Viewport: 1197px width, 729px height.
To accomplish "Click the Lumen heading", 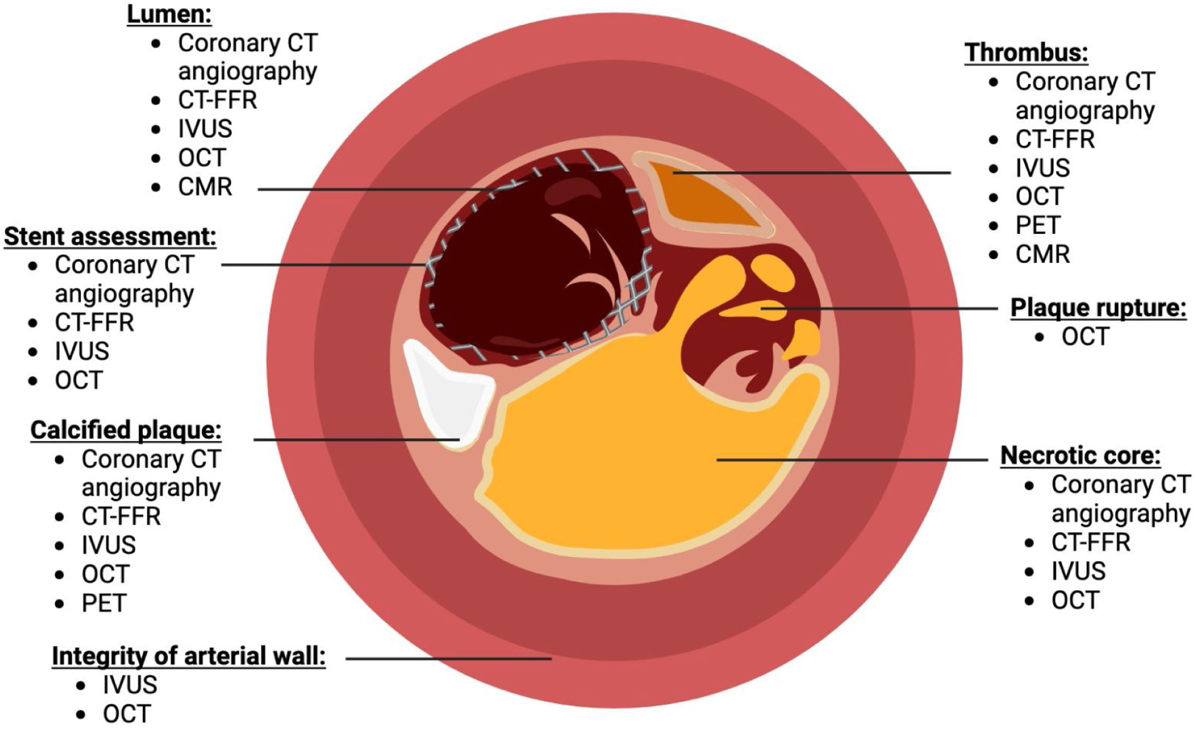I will [169, 15].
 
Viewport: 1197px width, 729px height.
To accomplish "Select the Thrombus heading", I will [1026, 52].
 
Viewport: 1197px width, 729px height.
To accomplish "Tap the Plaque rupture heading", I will [1098, 308].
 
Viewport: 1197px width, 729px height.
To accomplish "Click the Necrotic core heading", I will [1080, 456].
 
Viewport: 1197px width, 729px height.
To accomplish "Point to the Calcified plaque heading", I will [126, 430].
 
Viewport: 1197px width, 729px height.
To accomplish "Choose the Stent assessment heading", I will [110, 236].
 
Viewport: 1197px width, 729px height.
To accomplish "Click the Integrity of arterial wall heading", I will [189, 656].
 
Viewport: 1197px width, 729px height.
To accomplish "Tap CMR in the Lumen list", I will [205, 187].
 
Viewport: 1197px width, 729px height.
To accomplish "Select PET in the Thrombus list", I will [1038, 225].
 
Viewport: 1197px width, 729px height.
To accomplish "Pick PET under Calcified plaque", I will [104, 603].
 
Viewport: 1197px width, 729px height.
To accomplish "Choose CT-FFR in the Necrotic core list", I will [1091, 542].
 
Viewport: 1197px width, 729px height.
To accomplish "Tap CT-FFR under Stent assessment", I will [94, 322].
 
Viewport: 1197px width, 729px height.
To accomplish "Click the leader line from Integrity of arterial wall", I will [447, 659].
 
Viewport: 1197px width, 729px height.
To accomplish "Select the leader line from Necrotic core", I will [850, 459].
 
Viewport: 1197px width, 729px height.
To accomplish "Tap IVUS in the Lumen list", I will [205, 129].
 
